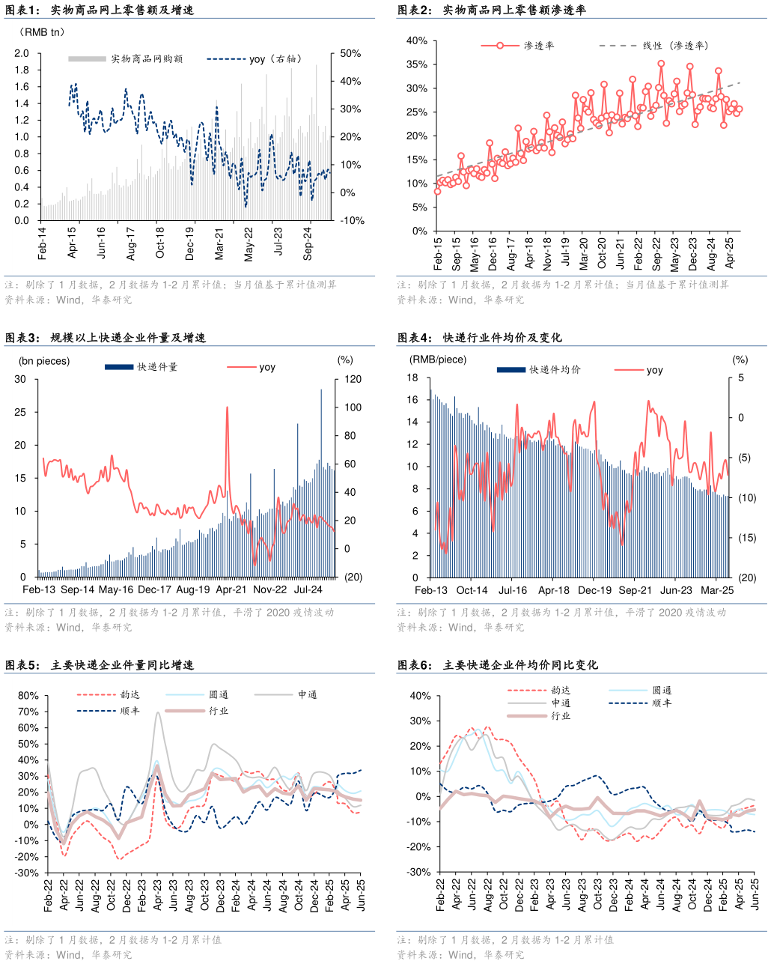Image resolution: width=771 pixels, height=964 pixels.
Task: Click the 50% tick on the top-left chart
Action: [x=350, y=53]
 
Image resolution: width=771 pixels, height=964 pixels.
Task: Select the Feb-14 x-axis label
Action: [x=42, y=243]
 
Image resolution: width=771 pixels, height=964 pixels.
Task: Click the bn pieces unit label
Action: [x=43, y=361]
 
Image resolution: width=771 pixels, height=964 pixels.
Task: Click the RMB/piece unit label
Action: [x=437, y=360]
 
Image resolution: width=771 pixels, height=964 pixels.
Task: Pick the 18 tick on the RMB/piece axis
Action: [x=412, y=378]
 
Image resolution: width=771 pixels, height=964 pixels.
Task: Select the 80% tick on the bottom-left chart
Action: [x=28, y=695]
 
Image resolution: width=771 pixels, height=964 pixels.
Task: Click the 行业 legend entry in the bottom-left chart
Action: [x=219, y=711]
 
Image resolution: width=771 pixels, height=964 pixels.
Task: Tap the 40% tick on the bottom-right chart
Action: [x=420, y=696]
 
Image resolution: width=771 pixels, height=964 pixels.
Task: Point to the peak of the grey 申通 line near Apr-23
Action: [x=158, y=712]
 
